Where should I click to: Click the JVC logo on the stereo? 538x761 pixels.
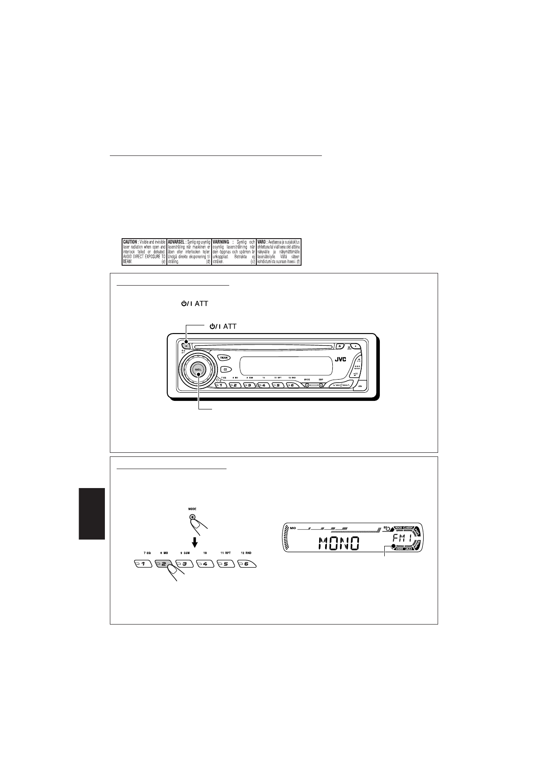pos(342,360)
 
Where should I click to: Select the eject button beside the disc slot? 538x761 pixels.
pos(340,346)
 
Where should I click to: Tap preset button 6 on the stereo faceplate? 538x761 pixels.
pos(292,385)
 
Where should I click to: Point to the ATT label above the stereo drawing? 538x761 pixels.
pos(229,326)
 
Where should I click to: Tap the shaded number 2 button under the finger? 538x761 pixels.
pos(164,564)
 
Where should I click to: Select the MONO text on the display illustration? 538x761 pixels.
pos(339,543)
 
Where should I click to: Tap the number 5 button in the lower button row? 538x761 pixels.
pos(226,564)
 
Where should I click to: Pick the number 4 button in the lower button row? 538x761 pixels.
pos(205,564)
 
